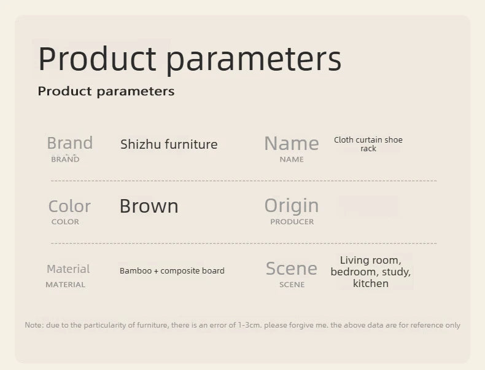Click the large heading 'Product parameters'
pos(190,59)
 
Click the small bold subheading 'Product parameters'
pos(106,92)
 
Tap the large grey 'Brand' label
pos(70,143)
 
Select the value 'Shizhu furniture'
pos(169,144)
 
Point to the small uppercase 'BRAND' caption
pos(65,159)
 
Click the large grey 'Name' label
pos(292,143)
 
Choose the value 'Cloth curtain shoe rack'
pos(368,144)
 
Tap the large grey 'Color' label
pos(69,207)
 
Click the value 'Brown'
pos(149,206)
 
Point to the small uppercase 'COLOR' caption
pos(65,222)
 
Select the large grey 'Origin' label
pos(292,207)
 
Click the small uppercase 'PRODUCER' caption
pos(292,222)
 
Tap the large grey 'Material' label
pos(68,269)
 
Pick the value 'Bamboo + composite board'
pos(172,270)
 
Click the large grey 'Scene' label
pos(292,268)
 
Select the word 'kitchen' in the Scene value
pos(371,283)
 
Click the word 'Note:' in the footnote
pos(34,325)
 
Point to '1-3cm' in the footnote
pos(249,325)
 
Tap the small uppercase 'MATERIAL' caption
pos(65,285)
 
